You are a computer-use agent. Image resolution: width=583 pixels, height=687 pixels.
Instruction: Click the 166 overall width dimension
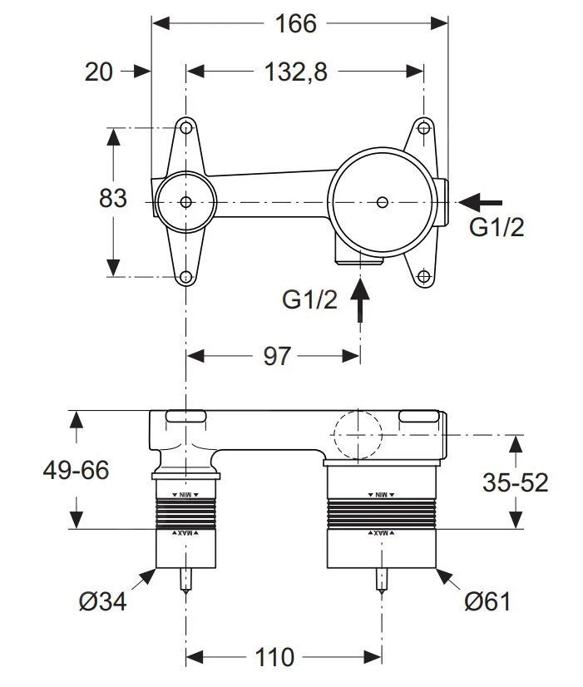pos(296,23)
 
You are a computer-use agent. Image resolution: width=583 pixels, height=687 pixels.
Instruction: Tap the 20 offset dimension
pos(99,72)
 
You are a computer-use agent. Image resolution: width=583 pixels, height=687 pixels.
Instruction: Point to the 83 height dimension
pos(113,200)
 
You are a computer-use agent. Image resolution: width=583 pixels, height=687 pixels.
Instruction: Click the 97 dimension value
pos(276,356)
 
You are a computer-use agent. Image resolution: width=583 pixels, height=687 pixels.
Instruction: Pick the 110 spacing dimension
pos(275,658)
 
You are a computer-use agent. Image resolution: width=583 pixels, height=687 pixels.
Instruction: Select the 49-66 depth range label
pos(76,470)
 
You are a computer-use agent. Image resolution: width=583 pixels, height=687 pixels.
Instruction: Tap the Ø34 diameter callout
pos(102,601)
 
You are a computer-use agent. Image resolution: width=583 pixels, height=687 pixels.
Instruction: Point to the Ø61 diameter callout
pos(489,601)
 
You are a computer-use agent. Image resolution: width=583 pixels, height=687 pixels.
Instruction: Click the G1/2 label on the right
pos(497,227)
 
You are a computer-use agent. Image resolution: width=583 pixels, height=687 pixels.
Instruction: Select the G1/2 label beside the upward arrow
pos(309,300)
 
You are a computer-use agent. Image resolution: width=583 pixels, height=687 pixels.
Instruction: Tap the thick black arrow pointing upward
pos(360,299)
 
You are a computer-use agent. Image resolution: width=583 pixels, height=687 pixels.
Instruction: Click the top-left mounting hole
pos(186,128)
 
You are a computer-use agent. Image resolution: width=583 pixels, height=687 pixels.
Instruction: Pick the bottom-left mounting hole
pos(186,276)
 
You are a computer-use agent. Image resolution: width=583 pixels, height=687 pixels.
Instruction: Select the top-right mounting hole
pos(424,128)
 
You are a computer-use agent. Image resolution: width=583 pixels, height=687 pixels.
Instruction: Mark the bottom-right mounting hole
pos(424,276)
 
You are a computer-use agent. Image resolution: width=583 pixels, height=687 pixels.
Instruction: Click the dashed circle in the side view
pos(357,435)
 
